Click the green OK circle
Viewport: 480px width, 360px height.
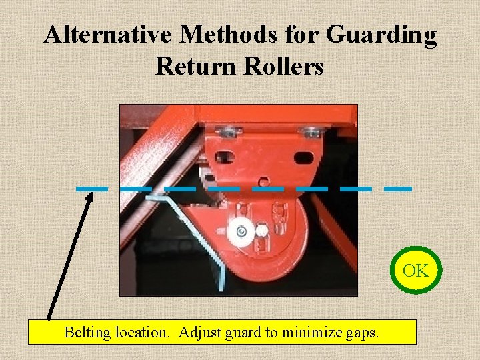tap(415, 271)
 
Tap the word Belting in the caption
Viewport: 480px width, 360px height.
tap(87, 331)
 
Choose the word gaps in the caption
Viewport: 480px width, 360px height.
tap(362, 331)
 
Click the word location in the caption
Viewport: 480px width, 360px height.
tap(142, 331)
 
